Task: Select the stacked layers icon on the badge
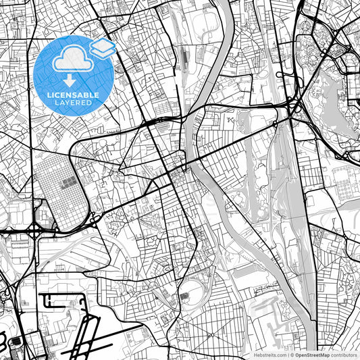coord(103,47)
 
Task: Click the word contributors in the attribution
coord(344,355)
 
